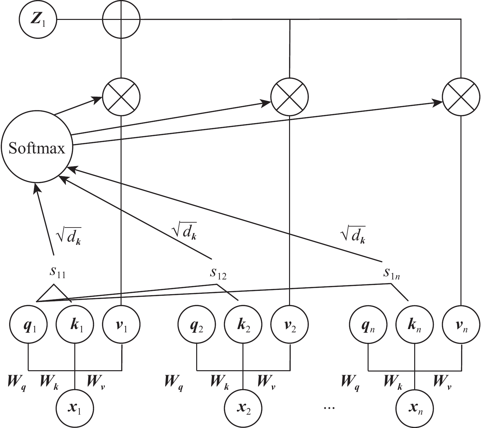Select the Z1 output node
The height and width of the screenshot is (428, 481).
[x=38, y=19]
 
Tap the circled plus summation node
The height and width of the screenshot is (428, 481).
[x=121, y=19]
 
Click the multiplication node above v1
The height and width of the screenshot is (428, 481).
[x=121, y=97]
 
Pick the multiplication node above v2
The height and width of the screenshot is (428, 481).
[x=289, y=97]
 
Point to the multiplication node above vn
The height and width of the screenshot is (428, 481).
[x=461, y=97]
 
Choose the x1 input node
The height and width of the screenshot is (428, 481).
[x=75, y=408]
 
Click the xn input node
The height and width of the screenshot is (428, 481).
[x=415, y=408]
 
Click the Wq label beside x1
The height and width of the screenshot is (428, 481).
[x=17, y=382]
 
